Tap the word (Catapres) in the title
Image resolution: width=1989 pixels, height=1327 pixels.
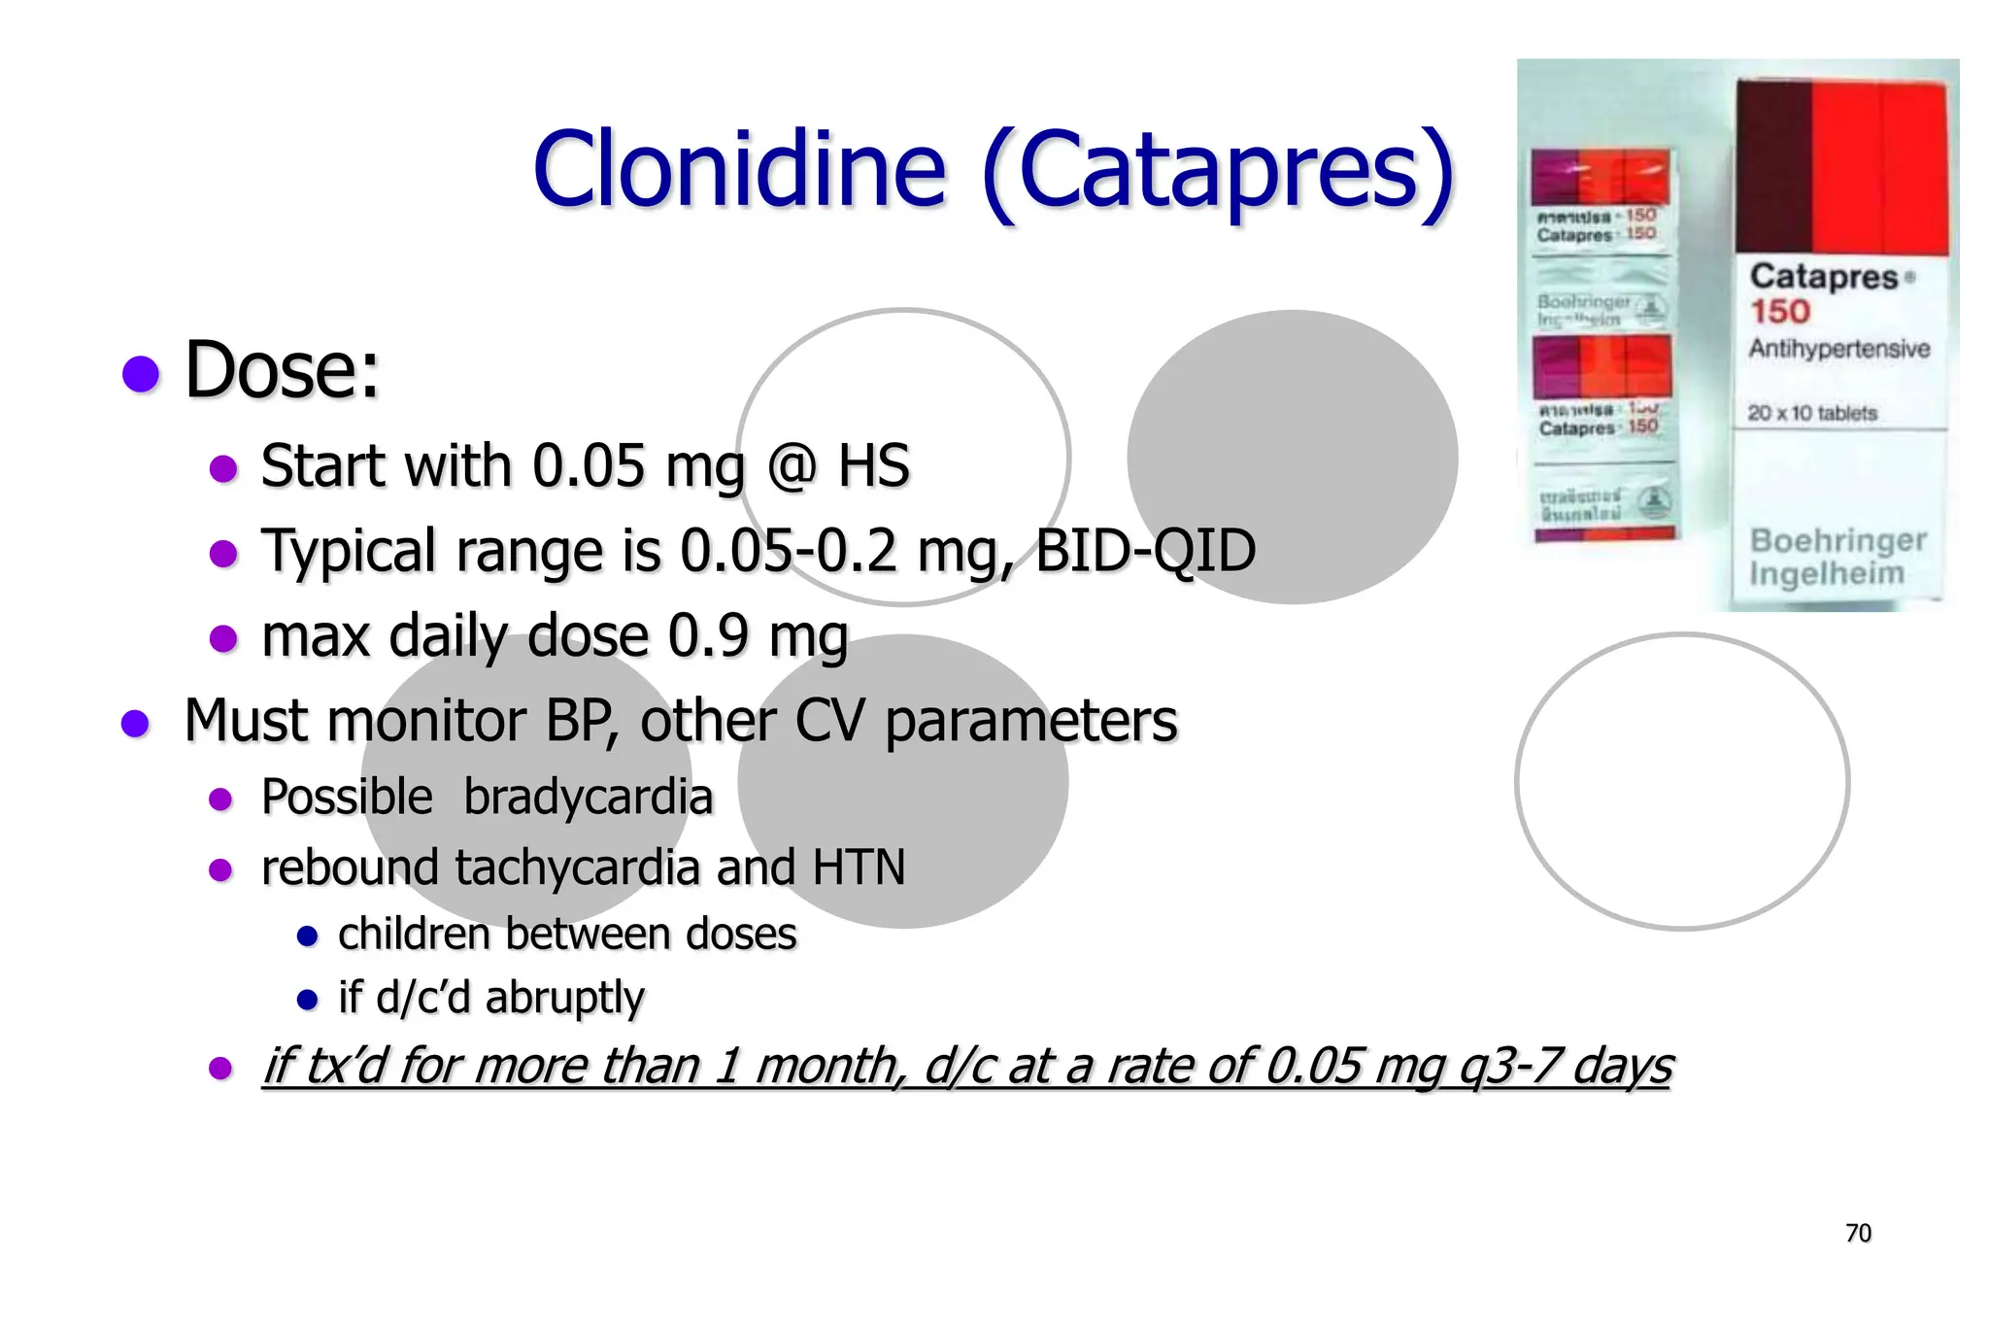click(1218, 172)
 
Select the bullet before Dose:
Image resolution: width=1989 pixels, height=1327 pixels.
click(141, 373)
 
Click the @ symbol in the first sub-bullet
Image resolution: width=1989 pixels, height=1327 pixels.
click(792, 466)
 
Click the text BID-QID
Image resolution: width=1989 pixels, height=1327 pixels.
click(1145, 551)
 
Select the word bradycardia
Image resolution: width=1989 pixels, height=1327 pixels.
click(588, 798)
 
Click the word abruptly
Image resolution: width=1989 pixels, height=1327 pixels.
click(564, 998)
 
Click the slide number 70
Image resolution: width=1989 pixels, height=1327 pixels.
click(1858, 1234)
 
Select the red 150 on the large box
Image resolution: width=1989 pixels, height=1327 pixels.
click(1780, 312)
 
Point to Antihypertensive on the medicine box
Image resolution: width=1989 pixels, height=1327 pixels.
click(1839, 349)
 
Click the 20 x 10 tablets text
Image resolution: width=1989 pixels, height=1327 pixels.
click(1812, 413)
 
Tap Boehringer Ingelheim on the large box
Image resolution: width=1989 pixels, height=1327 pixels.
click(1837, 557)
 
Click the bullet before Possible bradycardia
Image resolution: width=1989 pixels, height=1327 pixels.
click(221, 800)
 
